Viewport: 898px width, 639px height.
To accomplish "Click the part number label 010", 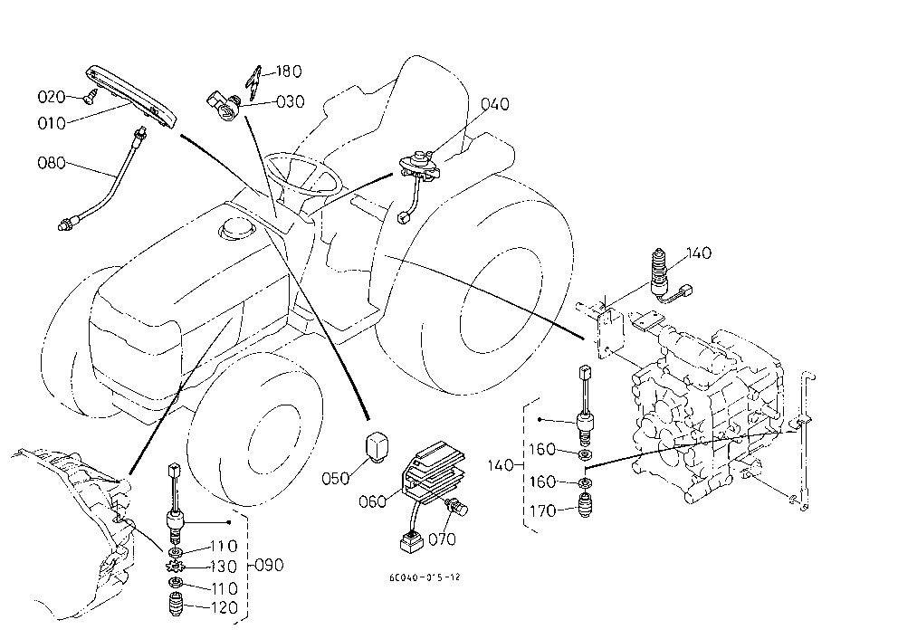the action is tap(52, 123).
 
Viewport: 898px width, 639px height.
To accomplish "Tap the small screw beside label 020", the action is tap(89, 99).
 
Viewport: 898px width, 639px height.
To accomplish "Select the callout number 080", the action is tap(52, 163).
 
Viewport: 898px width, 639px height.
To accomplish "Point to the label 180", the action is tap(289, 72).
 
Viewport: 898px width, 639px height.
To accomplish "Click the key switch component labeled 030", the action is tap(224, 105).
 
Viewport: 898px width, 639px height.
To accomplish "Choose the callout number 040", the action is tap(495, 104).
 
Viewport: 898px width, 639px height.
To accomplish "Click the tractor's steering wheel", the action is tap(302, 173).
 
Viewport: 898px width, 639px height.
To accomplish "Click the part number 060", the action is tap(372, 502).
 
